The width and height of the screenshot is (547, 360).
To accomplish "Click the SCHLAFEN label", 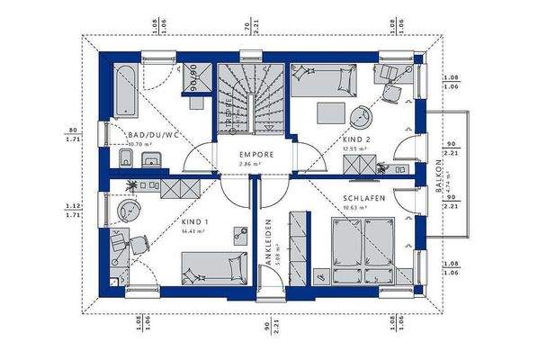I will pyautogui.click(x=363, y=200).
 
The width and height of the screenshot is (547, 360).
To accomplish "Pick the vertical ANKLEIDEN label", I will pyautogui.click(x=267, y=241).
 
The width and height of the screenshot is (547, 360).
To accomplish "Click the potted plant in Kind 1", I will pyautogui.click(x=132, y=184).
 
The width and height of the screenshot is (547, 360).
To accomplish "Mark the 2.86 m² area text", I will pyautogui.click(x=249, y=164).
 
